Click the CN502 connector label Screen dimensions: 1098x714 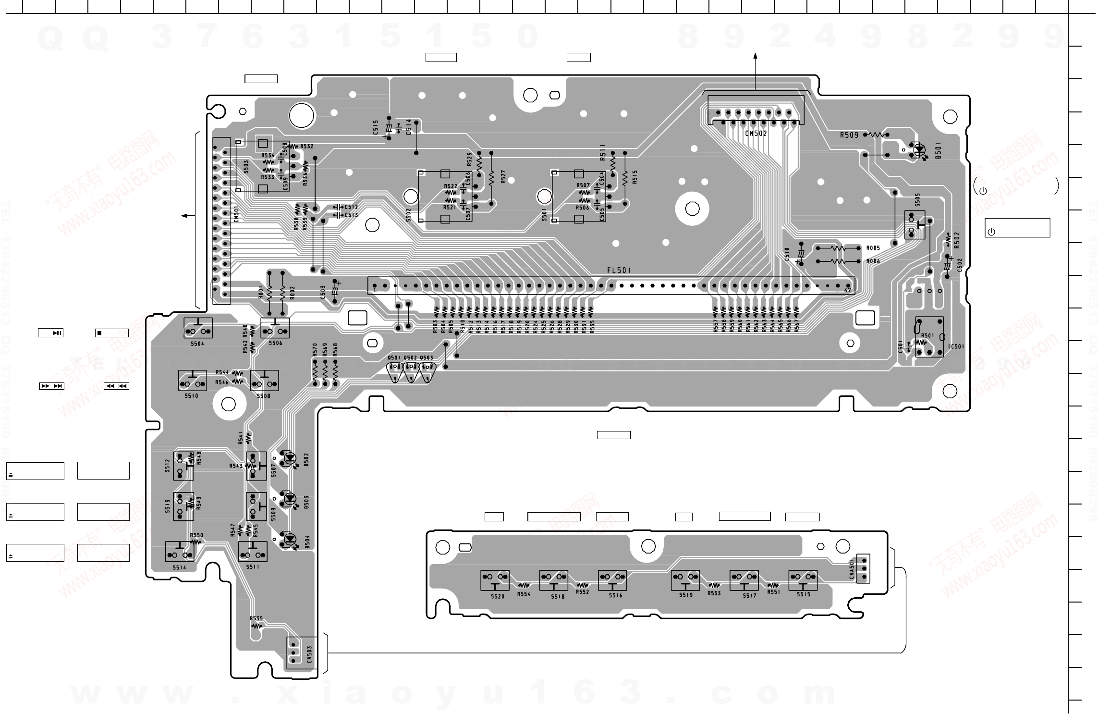point(756,134)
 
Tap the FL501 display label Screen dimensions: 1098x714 point(619,271)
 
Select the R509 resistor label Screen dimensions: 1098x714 point(849,135)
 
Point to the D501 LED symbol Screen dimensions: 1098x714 point(919,150)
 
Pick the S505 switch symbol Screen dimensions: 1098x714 point(915,225)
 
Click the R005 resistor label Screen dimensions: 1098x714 point(873,248)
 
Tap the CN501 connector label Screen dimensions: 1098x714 point(236,214)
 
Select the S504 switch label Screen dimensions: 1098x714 point(197,344)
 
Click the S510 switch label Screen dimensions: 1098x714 point(191,396)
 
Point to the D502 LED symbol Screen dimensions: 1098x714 point(290,458)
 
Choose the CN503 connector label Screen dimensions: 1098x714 point(309,654)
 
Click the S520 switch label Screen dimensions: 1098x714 point(498,596)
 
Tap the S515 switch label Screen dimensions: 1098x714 point(803,594)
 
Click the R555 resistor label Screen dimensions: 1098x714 point(256,618)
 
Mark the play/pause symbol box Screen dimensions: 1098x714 point(51,332)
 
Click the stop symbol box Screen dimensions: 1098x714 point(111,333)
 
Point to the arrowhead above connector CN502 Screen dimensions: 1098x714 point(755,56)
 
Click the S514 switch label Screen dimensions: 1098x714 point(179,567)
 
